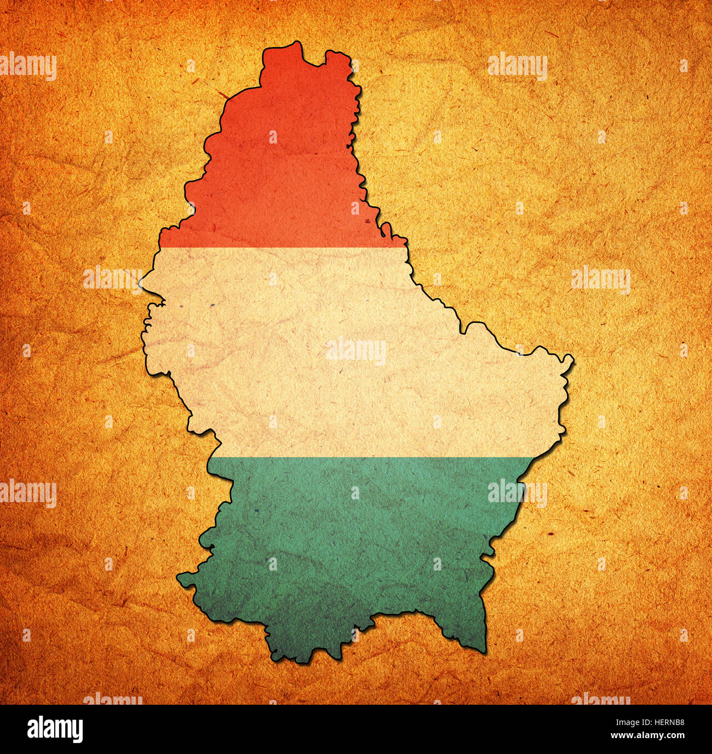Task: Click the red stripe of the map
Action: click(285, 164)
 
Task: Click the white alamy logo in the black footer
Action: click(55, 729)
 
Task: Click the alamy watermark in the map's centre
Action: click(356, 352)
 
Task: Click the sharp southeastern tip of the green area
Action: click(485, 652)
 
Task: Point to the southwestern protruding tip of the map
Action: click(179, 576)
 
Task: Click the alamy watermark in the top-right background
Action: click(517, 67)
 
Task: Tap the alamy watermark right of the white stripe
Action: click(600, 280)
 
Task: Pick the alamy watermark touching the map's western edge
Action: click(112, 280)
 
